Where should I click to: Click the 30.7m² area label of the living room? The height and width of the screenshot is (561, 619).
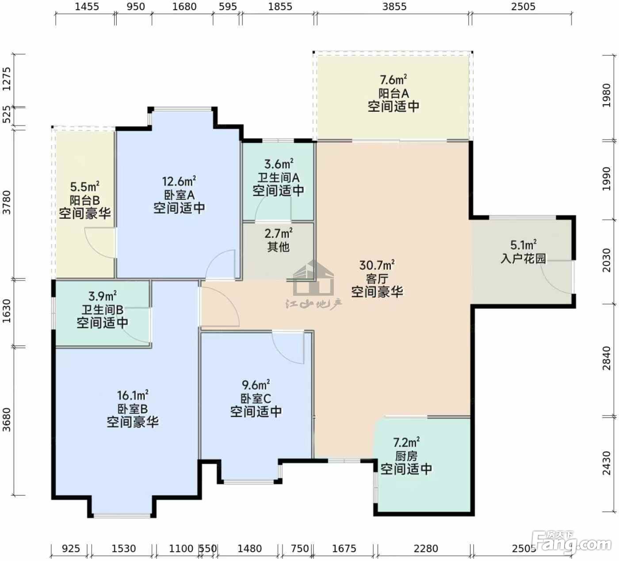(x=377, y=265)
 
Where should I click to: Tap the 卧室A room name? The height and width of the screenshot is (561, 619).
(x=179, y=195)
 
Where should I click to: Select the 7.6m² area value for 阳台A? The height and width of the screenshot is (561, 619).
(x=394, y=80)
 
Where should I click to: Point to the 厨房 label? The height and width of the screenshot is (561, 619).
(x=406, y=456)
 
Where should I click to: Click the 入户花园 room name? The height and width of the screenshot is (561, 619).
(x=523, y=258)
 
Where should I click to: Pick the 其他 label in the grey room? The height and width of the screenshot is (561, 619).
(x=279, y=247)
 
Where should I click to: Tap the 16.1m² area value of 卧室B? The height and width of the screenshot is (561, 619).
(x=133, y=395)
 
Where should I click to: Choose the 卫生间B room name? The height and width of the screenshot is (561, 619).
(x=103, y=309)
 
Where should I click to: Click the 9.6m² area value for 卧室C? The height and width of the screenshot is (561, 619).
(x=256, y=385)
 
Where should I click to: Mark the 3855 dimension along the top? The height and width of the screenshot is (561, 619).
(x=394, y=7)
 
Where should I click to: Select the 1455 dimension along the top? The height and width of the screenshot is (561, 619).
(x=87, y=7)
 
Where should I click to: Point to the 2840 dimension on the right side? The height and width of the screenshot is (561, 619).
(x=606, y=358)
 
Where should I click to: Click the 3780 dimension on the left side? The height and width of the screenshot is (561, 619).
(x=7, y=202)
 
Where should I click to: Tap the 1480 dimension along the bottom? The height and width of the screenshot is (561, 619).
(x=250, y=548)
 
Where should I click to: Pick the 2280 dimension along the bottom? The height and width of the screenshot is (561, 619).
(x=426, y=548)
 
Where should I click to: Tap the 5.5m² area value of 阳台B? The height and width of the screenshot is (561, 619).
(x=85, y=187)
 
